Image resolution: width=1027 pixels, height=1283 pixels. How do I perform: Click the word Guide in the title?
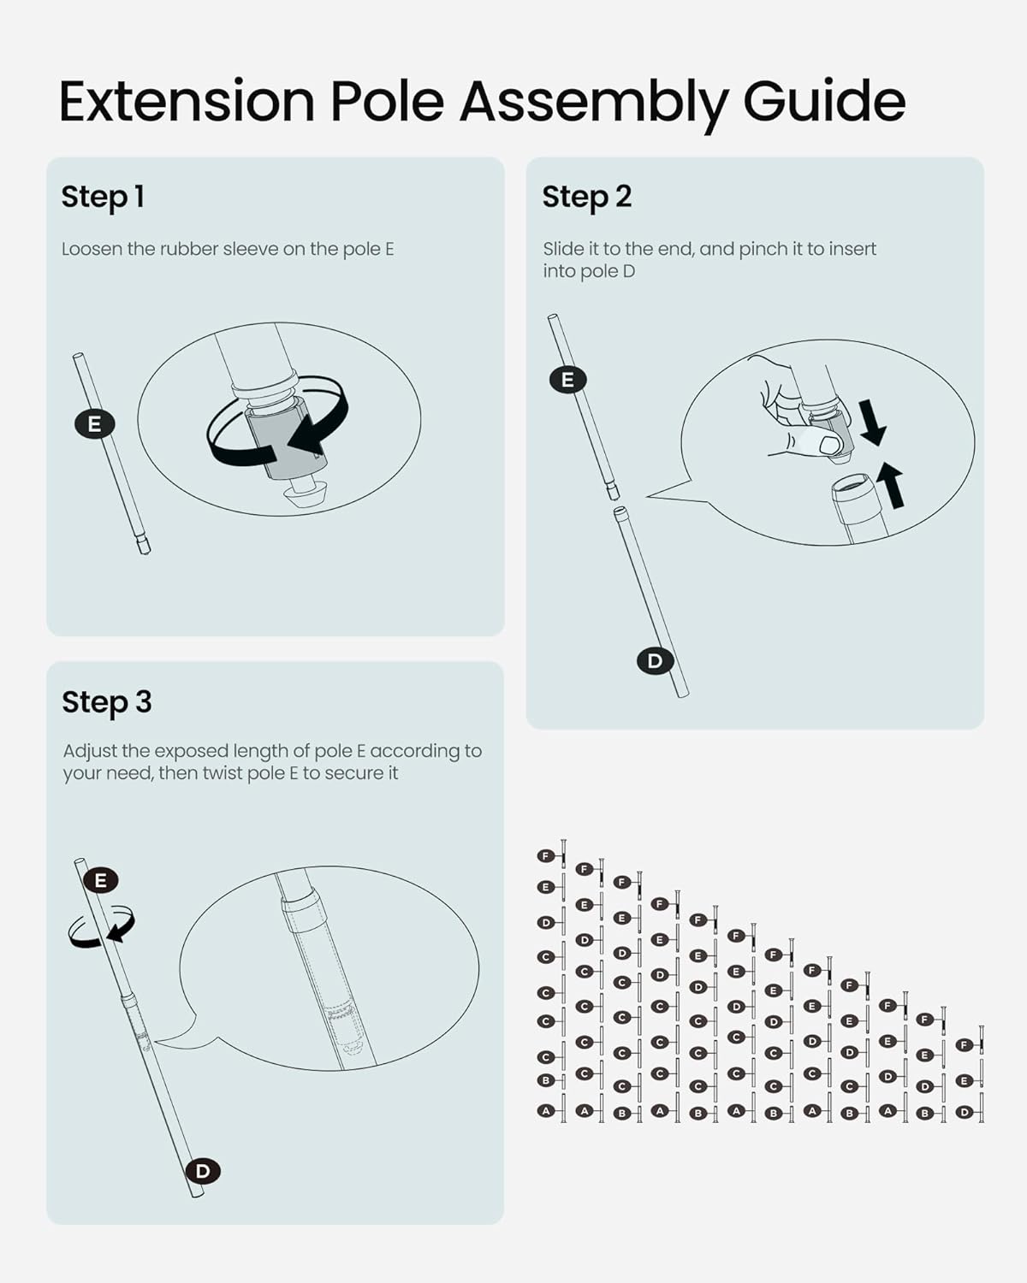click(824, 101)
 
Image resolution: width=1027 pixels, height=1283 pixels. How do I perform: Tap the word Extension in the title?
click(187, 101)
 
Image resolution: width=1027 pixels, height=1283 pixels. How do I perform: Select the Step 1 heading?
click(103, 198)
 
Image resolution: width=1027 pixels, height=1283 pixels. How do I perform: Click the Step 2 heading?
click(586, 198)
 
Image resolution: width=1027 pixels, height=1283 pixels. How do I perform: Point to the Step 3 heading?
click(107, 702)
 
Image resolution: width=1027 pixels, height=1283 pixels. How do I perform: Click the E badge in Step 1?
click(94, 424)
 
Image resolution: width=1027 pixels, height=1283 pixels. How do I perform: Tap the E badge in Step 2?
click(567, 379)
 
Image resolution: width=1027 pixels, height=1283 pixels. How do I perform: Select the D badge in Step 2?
click(656, 660)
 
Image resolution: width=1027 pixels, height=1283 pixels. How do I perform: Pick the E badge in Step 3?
click(101, 880)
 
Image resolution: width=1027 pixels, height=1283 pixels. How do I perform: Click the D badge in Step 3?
click(203, 1171)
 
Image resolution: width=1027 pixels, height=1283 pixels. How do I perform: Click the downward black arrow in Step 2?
click(872, 423)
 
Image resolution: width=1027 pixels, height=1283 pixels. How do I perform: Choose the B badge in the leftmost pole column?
click(545, 1080)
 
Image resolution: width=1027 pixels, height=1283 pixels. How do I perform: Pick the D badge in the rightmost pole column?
click(965, 1112)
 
